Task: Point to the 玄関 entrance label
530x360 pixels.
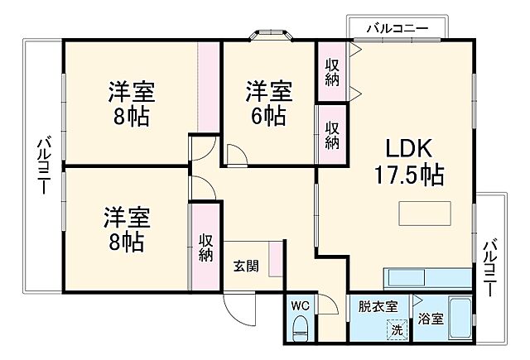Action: point(246,266)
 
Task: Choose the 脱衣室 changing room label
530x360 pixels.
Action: point(378,306)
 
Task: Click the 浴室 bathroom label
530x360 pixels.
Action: point(430,319)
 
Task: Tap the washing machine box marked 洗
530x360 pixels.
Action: point(397,329)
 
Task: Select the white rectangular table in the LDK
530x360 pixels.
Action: point(426,213)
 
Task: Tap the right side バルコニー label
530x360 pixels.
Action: point(490,268)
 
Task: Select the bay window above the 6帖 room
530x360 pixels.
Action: point(271,35)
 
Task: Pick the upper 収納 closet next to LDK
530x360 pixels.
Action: point(332,72)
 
